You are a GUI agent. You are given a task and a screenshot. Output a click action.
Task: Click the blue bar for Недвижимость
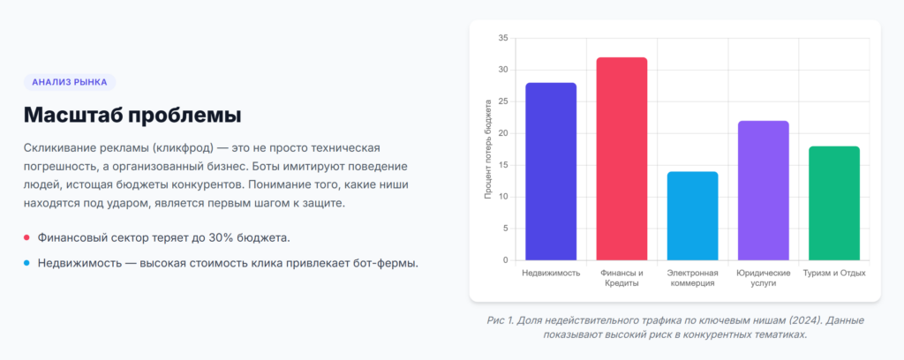coord(551,171)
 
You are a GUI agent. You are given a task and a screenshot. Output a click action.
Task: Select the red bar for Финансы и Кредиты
coord(621,159)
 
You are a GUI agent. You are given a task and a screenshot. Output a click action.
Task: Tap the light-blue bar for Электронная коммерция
coord(692,215)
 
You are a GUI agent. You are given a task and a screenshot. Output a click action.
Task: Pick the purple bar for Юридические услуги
coord(763,191)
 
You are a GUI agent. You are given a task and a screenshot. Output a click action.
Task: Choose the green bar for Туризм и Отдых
coord(833,203)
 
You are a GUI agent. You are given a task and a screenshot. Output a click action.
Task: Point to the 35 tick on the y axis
coord(503,38)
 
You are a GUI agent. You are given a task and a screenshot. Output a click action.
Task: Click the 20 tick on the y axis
coord(503,133)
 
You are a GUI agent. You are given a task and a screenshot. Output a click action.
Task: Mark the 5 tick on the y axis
coord(505,229)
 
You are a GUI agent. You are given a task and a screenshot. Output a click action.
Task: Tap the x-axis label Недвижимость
coord(551,274)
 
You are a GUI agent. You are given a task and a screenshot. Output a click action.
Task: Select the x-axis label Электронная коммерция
coord(692,279)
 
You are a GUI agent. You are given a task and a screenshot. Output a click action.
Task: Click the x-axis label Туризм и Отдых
coord(833,274)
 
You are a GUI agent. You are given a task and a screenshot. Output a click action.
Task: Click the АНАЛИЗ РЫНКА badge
coord(70,82)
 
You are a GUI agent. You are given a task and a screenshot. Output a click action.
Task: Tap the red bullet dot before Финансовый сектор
coord(27,238)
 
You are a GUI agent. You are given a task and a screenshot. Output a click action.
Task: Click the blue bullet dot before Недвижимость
coord(27,263)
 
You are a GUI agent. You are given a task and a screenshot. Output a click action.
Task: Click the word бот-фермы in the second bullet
coord(385,263)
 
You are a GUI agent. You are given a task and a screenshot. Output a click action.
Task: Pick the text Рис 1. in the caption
coord(502,321)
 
